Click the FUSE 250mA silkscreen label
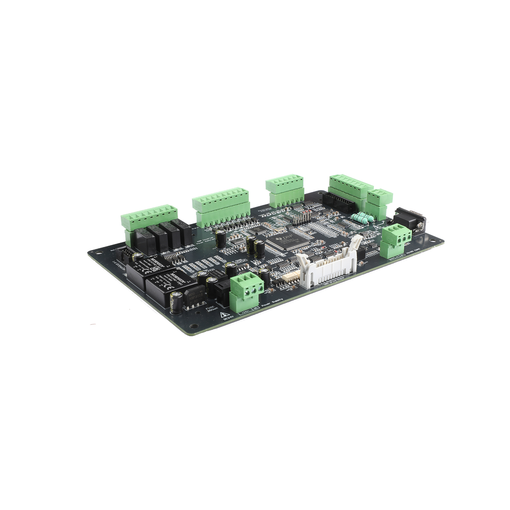(x=211, y=309)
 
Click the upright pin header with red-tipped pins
(x=301, y=220)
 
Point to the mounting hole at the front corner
(x=193, y=326)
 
